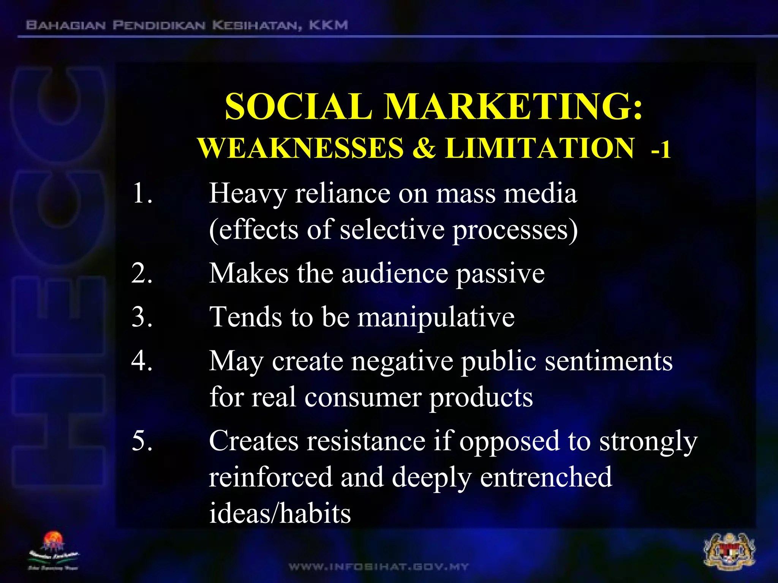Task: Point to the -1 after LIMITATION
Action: click(661, 150)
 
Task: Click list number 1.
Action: click(142, 194)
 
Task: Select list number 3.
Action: click(142, 317)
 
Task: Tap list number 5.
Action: click(142, 441)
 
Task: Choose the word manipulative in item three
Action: click(436, 317)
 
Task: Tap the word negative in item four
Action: click(402, 361)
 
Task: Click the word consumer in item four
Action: click(363, 398)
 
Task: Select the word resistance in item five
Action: click(366, 441)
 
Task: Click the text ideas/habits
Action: click(280, 514)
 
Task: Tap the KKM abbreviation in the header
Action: click(328, 25)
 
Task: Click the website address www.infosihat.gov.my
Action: click(379, 567)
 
